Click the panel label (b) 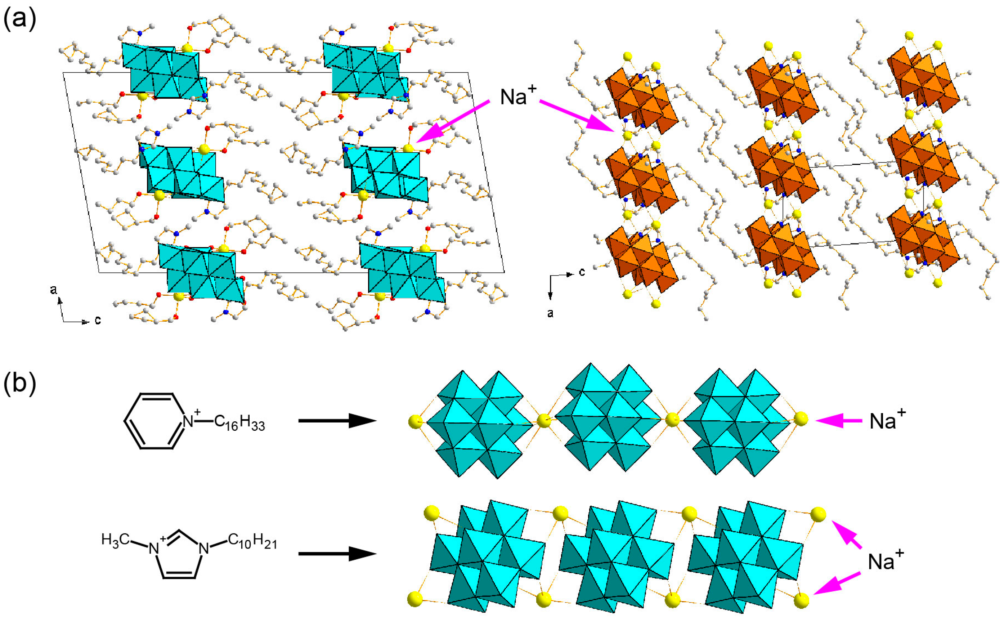pyautogui.click(x=19, y=382)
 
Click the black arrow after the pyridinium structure pyautogui.click(x=337, y=420)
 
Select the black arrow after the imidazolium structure pyautogui.click(x=337, y=553)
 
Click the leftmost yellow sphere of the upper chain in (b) pyautogui.click(x=416, y=422)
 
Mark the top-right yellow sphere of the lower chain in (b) pyautogui.click(x=818, y=514)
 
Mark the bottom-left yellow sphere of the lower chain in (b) pyautogui.click(x=414, y=599)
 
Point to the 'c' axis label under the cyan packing pyautogui.click(x=98, y=319)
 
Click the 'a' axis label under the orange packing pyautogui.click(x=550, y=313)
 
